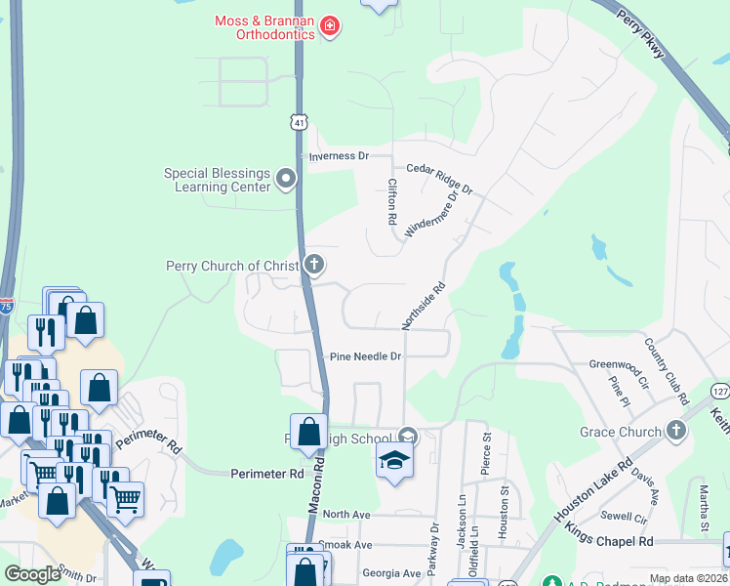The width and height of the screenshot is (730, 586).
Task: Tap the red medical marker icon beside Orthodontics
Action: pyautogui.click(x=330, y=25)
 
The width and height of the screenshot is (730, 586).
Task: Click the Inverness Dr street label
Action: pyautogui.click(x=338, y=156)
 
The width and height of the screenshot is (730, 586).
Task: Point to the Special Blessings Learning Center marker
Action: pyautogui.click(x=286, y=178)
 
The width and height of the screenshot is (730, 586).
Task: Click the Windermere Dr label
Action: pyautogui.click(x=431, y=213)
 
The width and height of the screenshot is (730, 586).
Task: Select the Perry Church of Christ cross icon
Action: pyautogui.click(x=314, y=264)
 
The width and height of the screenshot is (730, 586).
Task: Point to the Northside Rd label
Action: pyautogui.click(x=424, y=306)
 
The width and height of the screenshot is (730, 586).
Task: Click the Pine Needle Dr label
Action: pyautogui.click(x=365, y=357)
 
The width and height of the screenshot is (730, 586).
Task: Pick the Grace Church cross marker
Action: pyautogui.click(x=676, y=431)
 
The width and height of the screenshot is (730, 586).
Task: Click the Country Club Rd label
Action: pyautogui.click(x=668, y=372)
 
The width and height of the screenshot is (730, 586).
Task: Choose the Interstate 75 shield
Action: pyautogui.click(x=6, y=307)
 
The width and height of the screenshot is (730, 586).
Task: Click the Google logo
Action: pyautogui.click(x=32, y=574)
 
